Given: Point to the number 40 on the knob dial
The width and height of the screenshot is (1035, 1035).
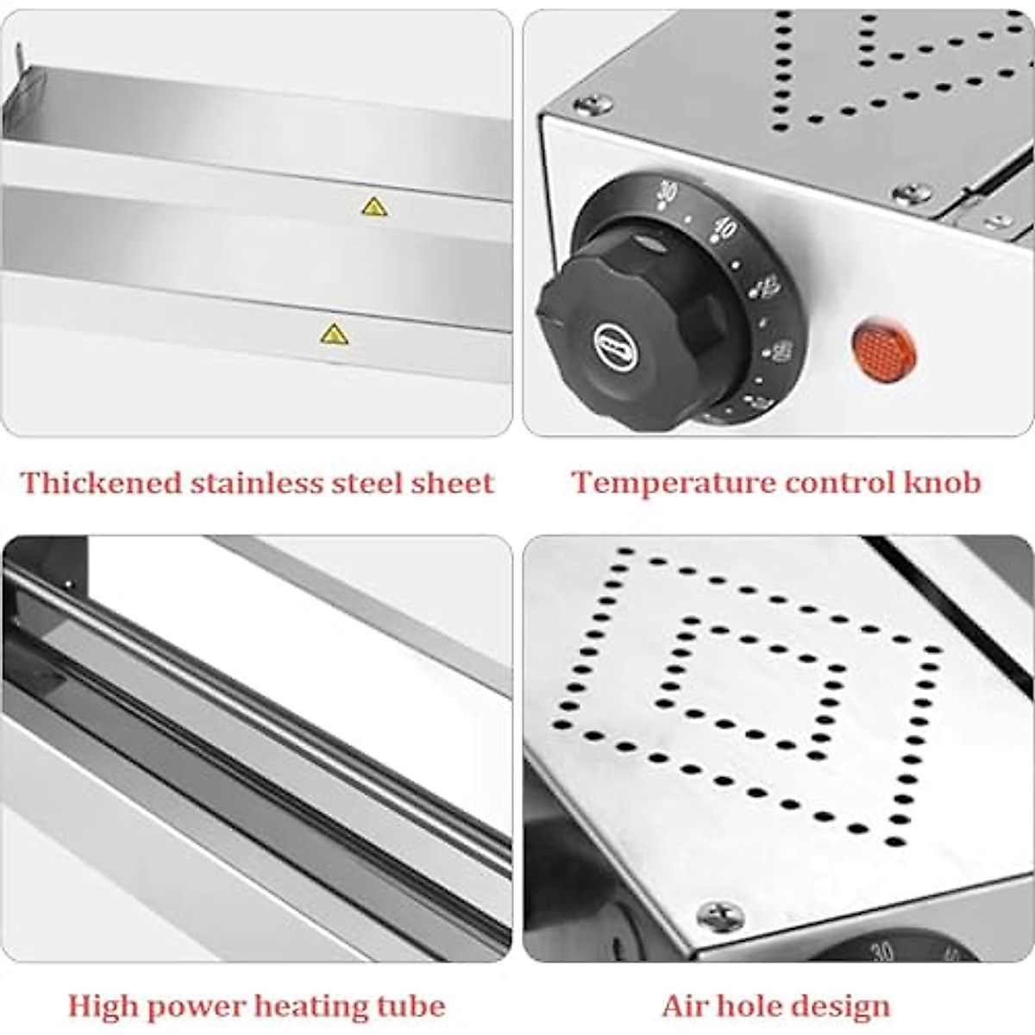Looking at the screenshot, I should pos(725,229).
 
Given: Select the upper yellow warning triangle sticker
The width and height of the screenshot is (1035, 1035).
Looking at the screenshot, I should pos(373,206).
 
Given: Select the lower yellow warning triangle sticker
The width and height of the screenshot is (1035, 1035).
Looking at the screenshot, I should pos(334,334).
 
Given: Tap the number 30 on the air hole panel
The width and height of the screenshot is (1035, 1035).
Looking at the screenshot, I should pos(881,952).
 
